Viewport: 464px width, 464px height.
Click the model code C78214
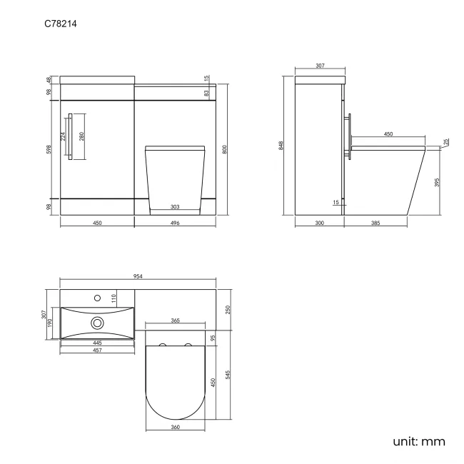tap(61, 24)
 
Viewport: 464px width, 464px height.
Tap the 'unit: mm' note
tap(419, 441)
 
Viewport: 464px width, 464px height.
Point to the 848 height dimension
tap(283, 146)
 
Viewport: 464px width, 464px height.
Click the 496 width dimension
tap(175, 223)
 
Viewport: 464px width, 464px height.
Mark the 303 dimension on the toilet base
tap(175, 208)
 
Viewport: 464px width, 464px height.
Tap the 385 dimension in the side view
tap(375, 223)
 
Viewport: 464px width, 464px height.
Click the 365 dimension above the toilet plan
tap(175, 321)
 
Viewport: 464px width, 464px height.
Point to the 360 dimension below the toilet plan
tap(175, 427)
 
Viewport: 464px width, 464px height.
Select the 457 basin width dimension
tap(96, 350)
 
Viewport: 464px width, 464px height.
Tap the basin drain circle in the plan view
tap(96, 323)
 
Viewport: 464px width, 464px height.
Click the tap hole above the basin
tap(96, 296)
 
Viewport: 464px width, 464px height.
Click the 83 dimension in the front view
tap(206, 93)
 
